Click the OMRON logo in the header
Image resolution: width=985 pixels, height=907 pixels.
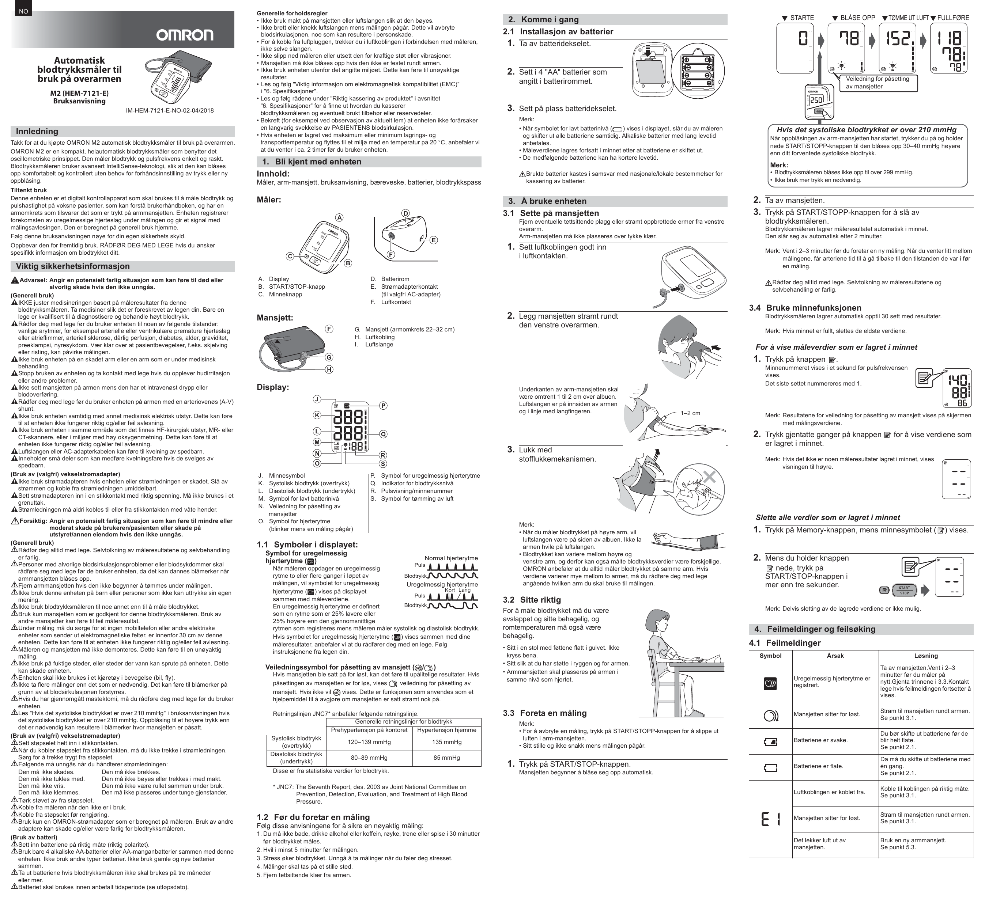point(185,35)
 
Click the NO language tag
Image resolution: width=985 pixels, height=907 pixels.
point(23,12)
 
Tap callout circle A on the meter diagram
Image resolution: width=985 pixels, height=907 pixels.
point(339,218)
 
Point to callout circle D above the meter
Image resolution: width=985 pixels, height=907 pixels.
point(405,213)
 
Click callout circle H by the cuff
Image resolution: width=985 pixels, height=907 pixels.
point(329,369)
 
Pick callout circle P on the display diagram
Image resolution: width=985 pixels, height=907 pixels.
point(384,405)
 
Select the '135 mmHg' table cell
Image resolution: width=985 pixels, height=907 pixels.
point(446,742)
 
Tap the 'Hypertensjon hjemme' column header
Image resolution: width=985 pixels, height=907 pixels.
point(446,730)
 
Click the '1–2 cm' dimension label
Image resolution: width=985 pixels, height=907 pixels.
point(690,413)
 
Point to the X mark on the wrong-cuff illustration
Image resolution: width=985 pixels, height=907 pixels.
point(709,475)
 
